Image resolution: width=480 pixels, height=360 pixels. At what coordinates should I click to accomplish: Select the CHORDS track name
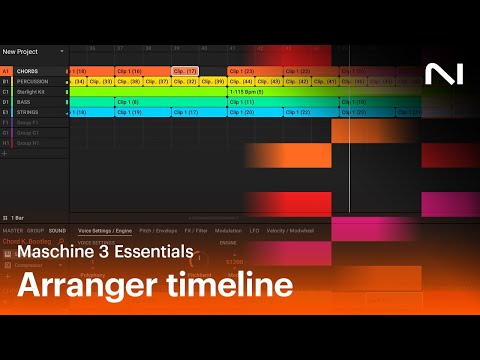(28, 72)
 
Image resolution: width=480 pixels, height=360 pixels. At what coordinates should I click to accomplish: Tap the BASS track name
(24, 102)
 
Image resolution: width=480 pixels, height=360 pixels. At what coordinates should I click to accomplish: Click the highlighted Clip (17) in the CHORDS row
(185, 72)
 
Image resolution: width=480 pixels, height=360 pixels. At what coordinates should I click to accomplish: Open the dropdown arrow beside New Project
(62, 51)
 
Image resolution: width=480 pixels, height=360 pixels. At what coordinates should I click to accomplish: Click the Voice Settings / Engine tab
(105, 231)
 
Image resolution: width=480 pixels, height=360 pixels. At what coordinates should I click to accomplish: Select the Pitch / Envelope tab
(159, 231)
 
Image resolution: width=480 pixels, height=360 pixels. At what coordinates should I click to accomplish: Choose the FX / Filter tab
(195, 231)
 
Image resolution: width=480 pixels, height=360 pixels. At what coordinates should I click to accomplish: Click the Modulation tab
(230, 231)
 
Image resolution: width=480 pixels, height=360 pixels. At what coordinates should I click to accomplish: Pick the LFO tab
(255, 231)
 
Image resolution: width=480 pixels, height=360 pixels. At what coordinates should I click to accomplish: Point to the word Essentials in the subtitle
(151, 253)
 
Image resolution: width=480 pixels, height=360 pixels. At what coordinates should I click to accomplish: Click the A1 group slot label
(6, 72)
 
